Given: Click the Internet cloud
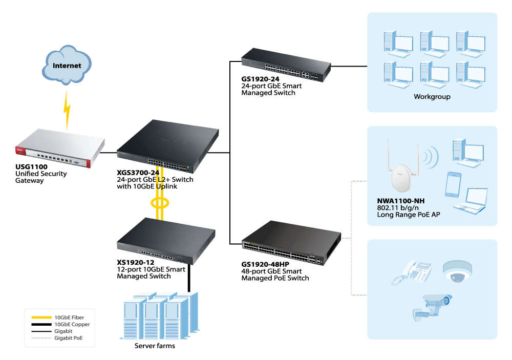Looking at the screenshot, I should tap(67, 65).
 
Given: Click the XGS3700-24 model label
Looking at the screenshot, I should tap(138, 173).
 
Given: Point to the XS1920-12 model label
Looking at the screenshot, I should tap(135, 263).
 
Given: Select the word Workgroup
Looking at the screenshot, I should tap(432, 96).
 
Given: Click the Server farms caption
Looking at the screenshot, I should tap(155, 346).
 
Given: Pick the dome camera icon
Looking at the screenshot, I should tap(457, 271).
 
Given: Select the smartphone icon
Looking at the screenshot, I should tap(453, 184).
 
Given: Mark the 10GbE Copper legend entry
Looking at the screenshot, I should tap(72, 324).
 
